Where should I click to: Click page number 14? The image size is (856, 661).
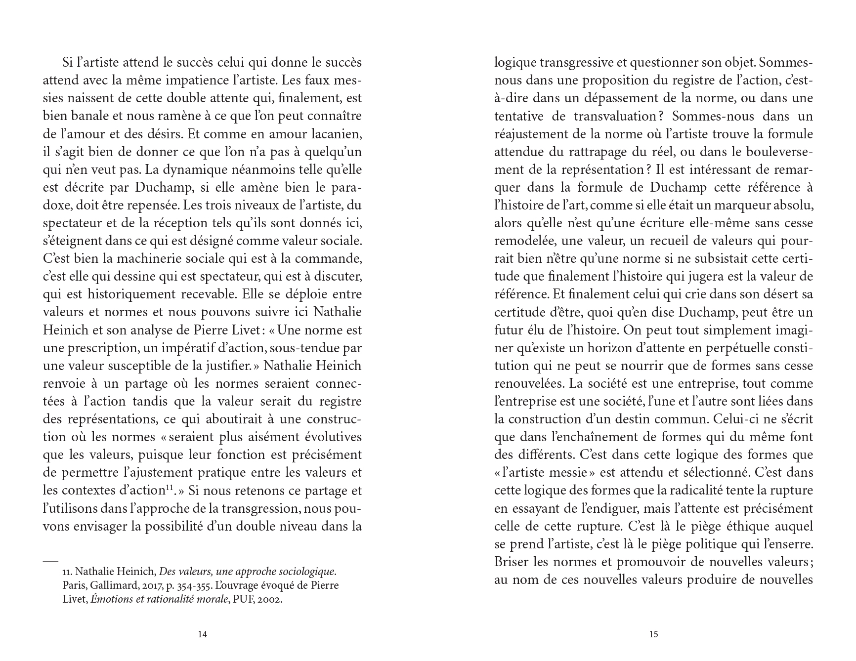click(x=202, y=634)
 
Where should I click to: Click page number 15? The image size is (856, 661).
click(x=653, y=634)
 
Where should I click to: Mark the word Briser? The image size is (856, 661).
click(x=512, y=562)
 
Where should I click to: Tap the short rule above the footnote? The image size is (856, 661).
click(x=50, y=561)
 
